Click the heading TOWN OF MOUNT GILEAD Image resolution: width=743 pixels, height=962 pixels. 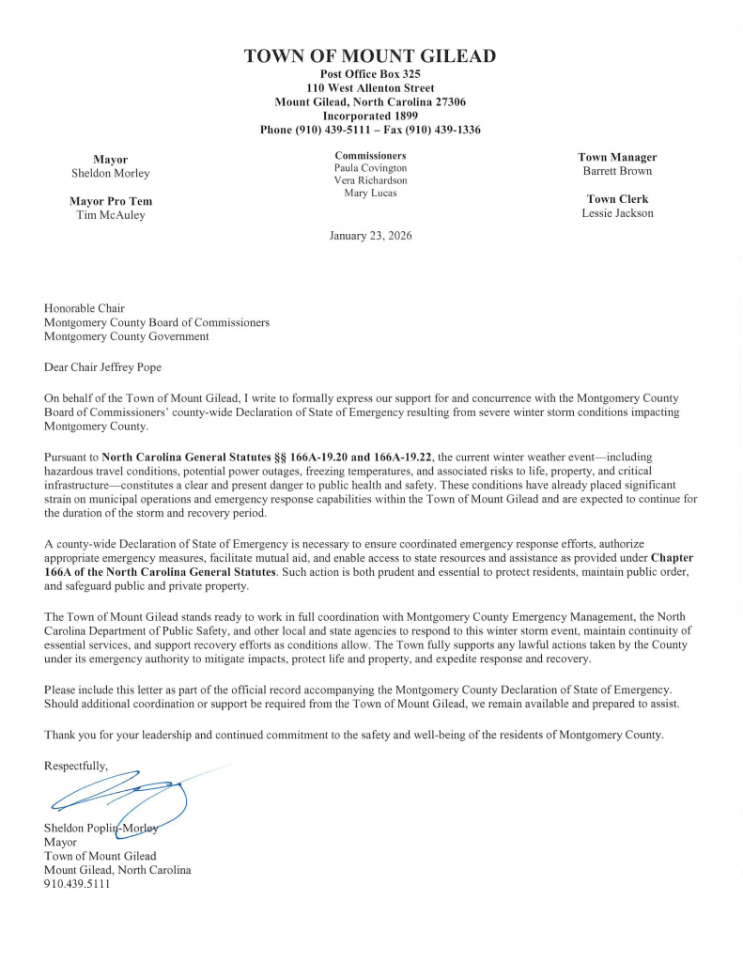pyautogui.click(x=370, y=56)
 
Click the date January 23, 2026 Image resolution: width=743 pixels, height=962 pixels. pyautogui.click(x=370, y=236)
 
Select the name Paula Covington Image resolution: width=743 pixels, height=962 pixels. pyautogui.click(x=370, y=168)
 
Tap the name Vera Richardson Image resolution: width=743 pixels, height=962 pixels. pyautogui.click(x=370, y=180)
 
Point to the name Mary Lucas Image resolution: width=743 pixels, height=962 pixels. pyautogui.click(x=370, y=193)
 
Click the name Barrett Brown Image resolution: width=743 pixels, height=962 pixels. pyautogui.click(x=617, y=171)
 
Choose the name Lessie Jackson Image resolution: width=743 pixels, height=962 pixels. pyautogui.click(x=617, y=213)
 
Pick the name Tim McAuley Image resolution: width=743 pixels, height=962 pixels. pyautogui.click(x=110, y=215)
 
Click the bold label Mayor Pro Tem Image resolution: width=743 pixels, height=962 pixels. pyautogui.click(x=110, y=201)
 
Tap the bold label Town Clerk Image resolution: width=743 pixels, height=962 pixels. pyautogui.click(x=617, y=199)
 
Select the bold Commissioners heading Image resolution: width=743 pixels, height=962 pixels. pyautogui.click(x=370, y=155)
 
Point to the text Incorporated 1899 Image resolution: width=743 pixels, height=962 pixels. pyautogui.click(x=370, y=116)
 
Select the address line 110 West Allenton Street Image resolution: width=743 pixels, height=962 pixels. pyautogui.click(x=370, y=88)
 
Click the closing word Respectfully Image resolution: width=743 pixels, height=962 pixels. pyautogui.click(x=75, y=767)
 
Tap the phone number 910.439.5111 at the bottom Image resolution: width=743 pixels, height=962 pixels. pyautogui.click(x=77, y=884)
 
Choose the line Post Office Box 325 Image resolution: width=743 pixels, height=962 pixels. pyautogui.click(x=370, y=74)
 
